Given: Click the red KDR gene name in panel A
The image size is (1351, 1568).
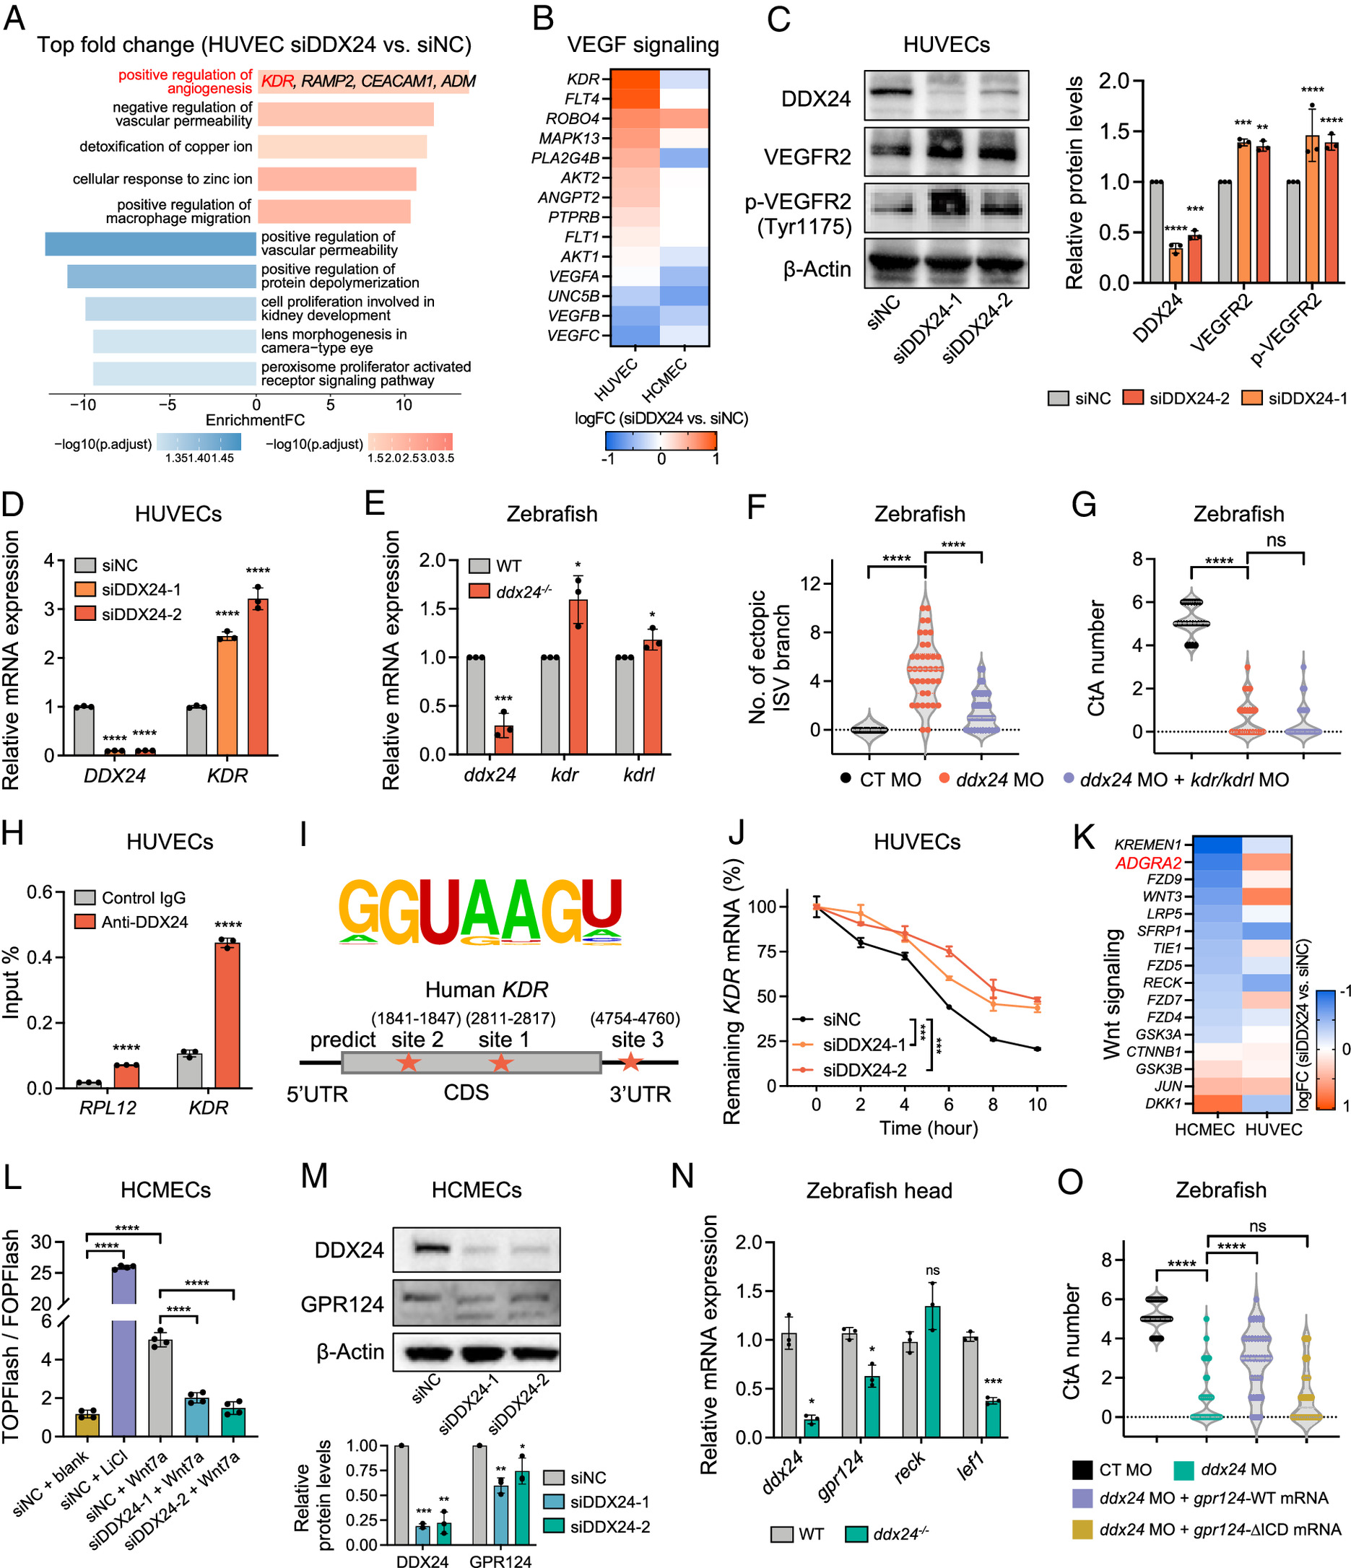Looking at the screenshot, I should (x=277, y=82).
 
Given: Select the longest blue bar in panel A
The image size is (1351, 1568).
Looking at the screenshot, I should (x=151, y=244).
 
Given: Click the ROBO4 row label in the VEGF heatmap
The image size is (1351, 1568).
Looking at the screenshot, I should (x=572, y=119).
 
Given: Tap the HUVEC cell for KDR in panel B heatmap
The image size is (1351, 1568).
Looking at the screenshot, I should (x=635, y=79).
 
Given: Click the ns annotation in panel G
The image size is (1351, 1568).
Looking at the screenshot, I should (x=1275, y=540).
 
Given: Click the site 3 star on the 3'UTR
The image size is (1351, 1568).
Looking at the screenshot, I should (x=630, y=1062).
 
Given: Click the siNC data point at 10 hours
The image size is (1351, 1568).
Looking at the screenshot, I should (x=1037, y=1049).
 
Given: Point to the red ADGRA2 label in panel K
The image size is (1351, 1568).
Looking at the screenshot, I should (x=1147, y=863).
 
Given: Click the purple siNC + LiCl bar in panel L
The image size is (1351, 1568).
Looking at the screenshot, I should (x=123, y=1354).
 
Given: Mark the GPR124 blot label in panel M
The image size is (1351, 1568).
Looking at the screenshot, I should (x=342, y=1304).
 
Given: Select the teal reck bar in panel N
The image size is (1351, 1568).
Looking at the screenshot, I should (x=931, y=1370).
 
